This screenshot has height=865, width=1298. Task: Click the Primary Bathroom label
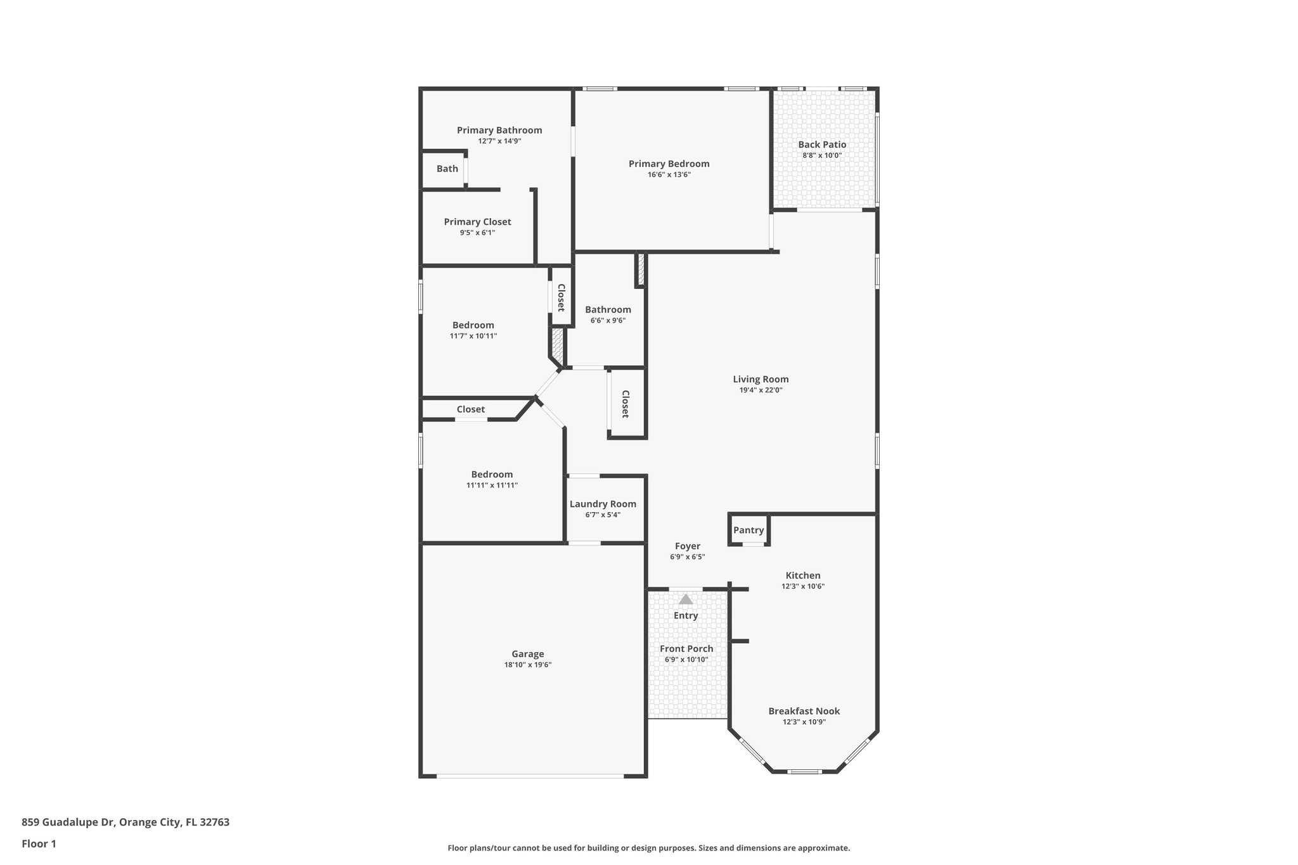point(499,131)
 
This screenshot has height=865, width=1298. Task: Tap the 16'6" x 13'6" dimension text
point(669,175)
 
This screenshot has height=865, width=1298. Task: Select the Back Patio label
point(822,144)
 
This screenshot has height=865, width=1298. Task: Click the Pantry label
point(749,530)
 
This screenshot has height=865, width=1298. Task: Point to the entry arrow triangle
point(686,599)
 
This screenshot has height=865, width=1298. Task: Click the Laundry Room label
point(603,504)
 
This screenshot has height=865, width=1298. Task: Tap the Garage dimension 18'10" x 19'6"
point(527,665)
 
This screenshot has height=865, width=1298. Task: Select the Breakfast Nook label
point(804,711)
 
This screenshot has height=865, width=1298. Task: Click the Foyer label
point(687,546)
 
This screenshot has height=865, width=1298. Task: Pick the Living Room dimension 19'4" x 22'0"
point(761,390)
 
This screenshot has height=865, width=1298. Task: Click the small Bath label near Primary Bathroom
point(447,169)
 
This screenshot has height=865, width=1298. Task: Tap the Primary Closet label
point(477,222)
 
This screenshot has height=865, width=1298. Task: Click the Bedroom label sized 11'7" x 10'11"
point(473,325)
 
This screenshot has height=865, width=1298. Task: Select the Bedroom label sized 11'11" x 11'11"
point(492,475)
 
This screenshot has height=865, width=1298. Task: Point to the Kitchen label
point(803,575)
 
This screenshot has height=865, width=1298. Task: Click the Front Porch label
point(686,649)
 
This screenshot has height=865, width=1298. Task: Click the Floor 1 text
point(39,844)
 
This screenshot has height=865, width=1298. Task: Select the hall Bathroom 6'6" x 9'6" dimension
point(608,321)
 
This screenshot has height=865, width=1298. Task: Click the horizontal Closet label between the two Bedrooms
point(471,409)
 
